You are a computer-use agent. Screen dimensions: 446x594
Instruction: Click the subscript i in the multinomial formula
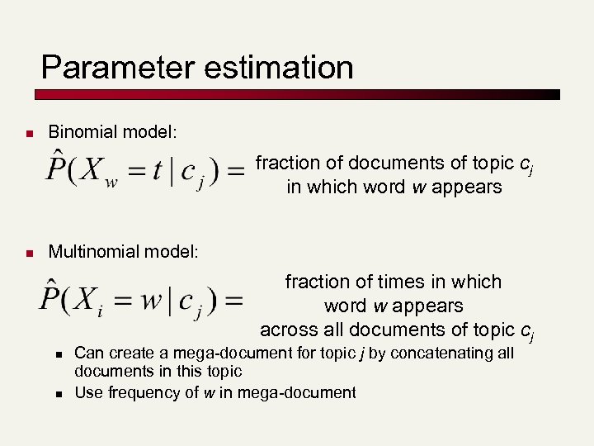[x=100, y=311]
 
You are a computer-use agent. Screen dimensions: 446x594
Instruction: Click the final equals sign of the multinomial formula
[x=233, y=300]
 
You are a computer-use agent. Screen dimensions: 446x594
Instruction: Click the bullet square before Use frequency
[x=59, y=393]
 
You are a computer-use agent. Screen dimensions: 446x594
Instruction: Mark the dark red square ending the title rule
[x=555, y=94]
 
